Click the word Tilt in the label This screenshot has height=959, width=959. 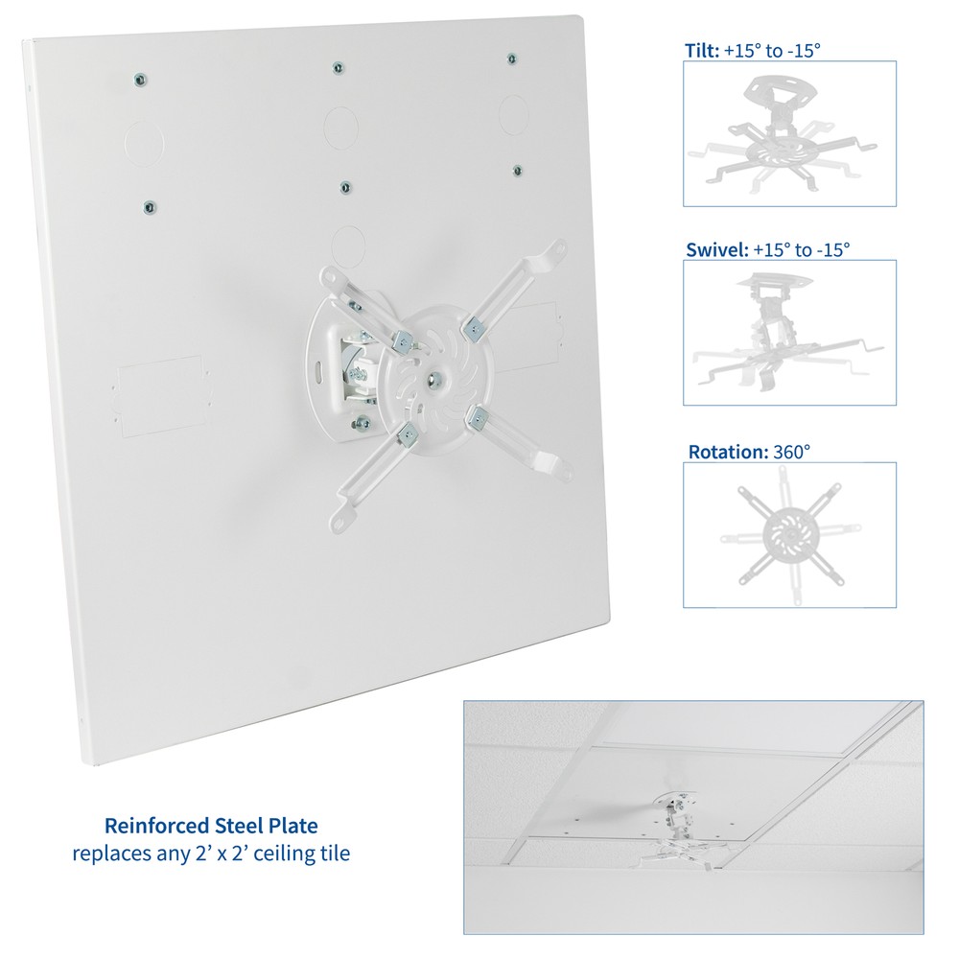[x=699, y=50]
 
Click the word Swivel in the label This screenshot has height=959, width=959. [x=714, y=249]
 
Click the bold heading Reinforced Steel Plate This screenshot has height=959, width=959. [x=211, y=825]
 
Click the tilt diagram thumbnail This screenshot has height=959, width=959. [x=789, y=133]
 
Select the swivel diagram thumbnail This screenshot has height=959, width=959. [x=789, y=332]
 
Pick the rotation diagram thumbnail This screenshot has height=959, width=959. [x=789, y=534]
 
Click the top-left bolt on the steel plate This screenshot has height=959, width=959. [x=141, y=79]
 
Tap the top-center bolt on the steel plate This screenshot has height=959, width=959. [x=337, y=67]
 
